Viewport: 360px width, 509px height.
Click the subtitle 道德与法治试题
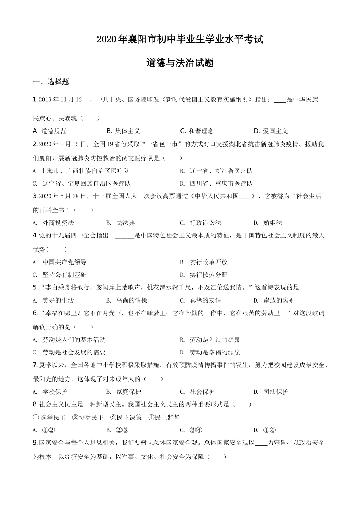[180, 63]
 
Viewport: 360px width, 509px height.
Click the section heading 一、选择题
[51, 82]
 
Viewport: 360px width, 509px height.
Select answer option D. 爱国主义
[271, 131]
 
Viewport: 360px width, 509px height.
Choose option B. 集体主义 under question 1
[123, 131]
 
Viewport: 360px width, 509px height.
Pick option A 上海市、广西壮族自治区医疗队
[81, 171]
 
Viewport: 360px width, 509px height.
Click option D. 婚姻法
[268, 223]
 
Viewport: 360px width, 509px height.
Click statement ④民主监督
[164, 417]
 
